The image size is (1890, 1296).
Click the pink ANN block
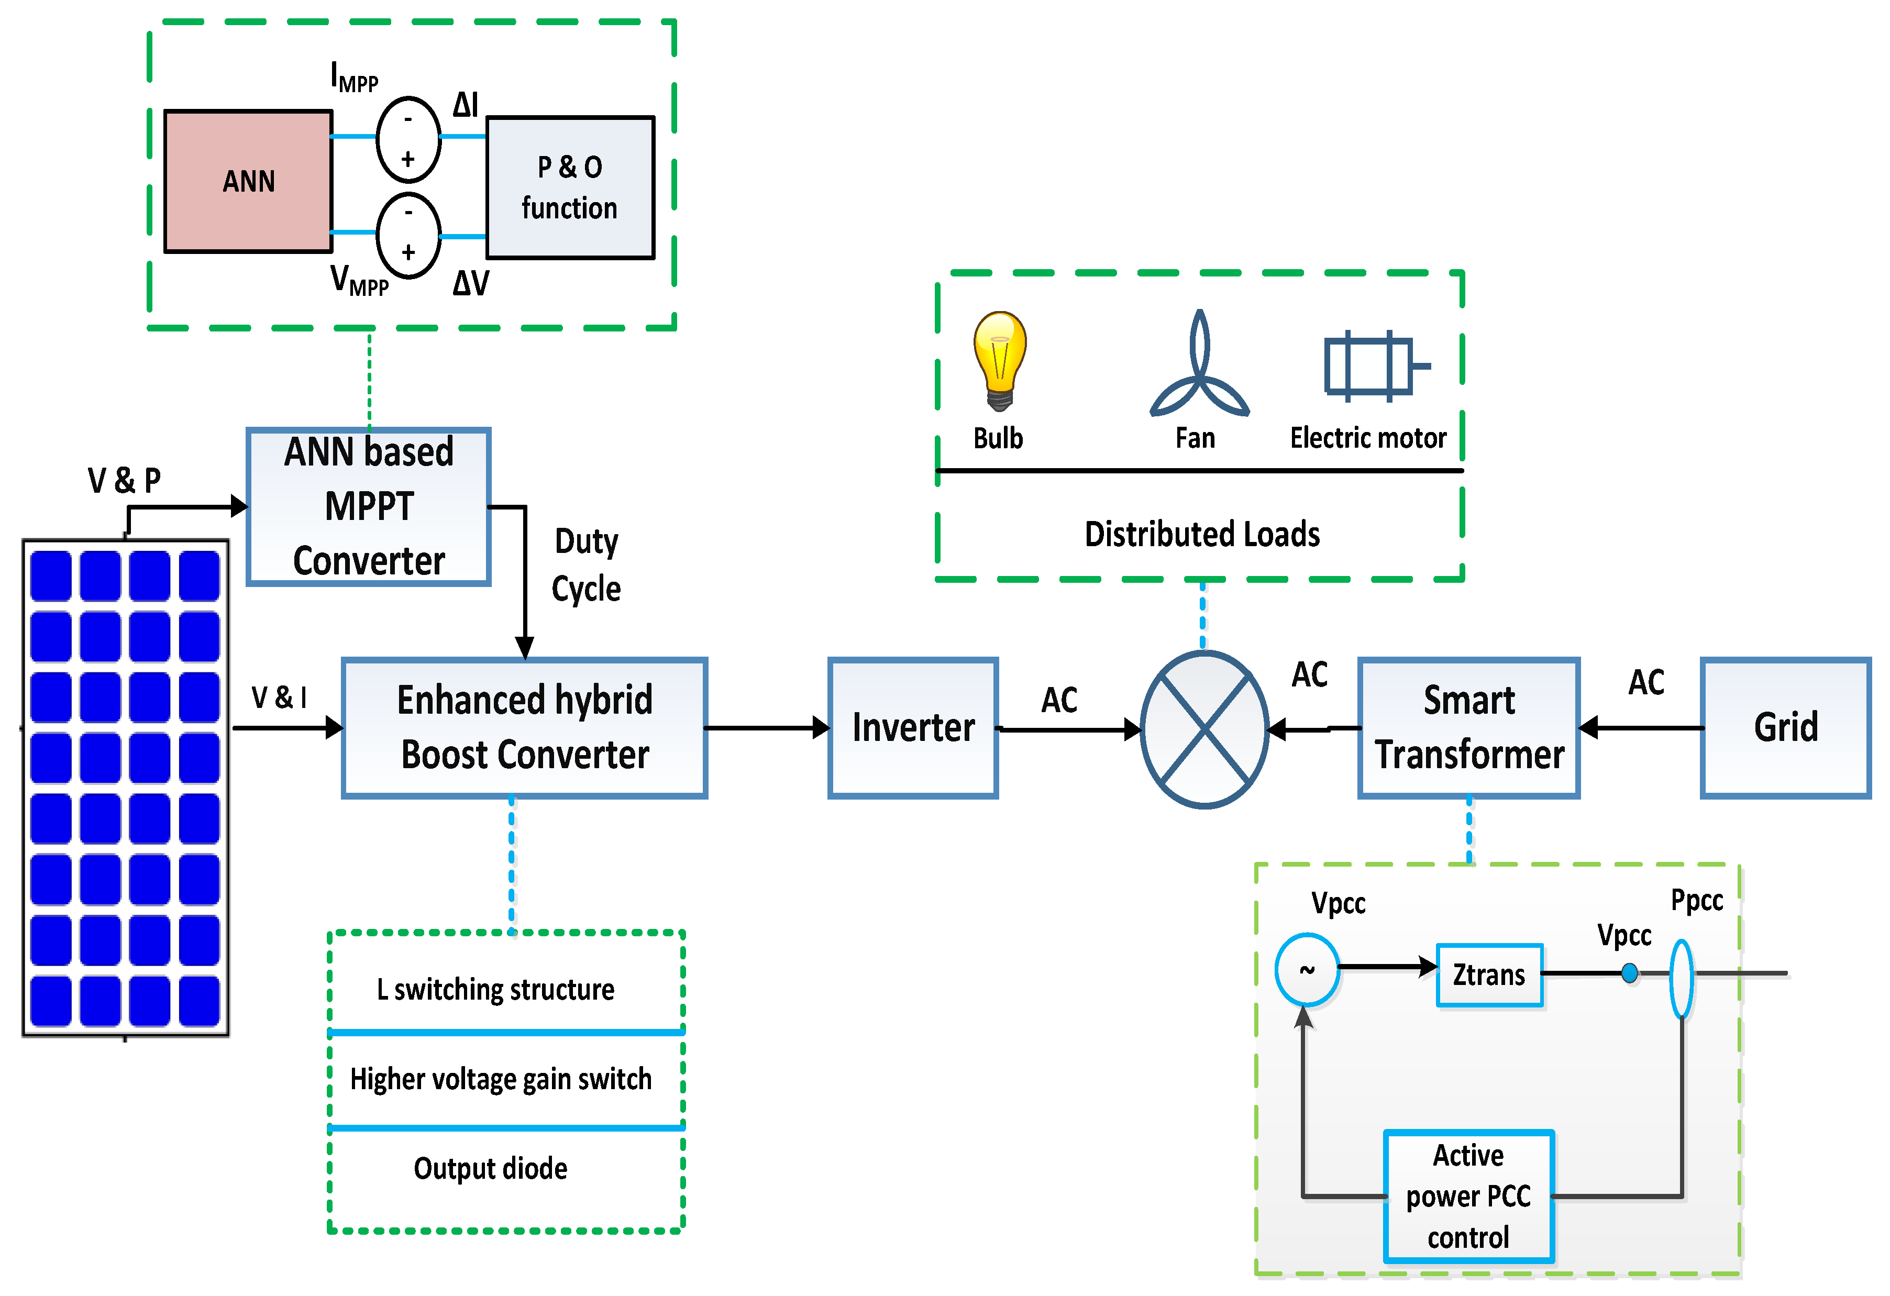(x=248, y=181)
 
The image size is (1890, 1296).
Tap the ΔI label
(x=466, y=105)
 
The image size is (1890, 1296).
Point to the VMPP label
(x=359, y=281)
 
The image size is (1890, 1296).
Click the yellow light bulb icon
(x=1000, y=360)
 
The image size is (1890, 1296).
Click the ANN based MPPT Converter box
(x=368, y=506)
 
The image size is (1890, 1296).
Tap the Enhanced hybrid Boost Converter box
(x=525, y=728)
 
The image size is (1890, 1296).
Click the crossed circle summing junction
(x=1204, y=729)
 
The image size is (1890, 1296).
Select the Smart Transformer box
(x=1469, y=728)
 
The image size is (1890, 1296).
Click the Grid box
(x=1786, y=728)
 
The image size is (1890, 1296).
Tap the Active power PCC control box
(x=1469, y=1196)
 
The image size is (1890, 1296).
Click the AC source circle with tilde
(x=1307, y=970)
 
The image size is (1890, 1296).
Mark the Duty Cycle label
(x=587, y=565)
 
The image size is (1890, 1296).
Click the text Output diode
(x=490, y=1168)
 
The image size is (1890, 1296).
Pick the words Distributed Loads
(x=1202, y=534)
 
